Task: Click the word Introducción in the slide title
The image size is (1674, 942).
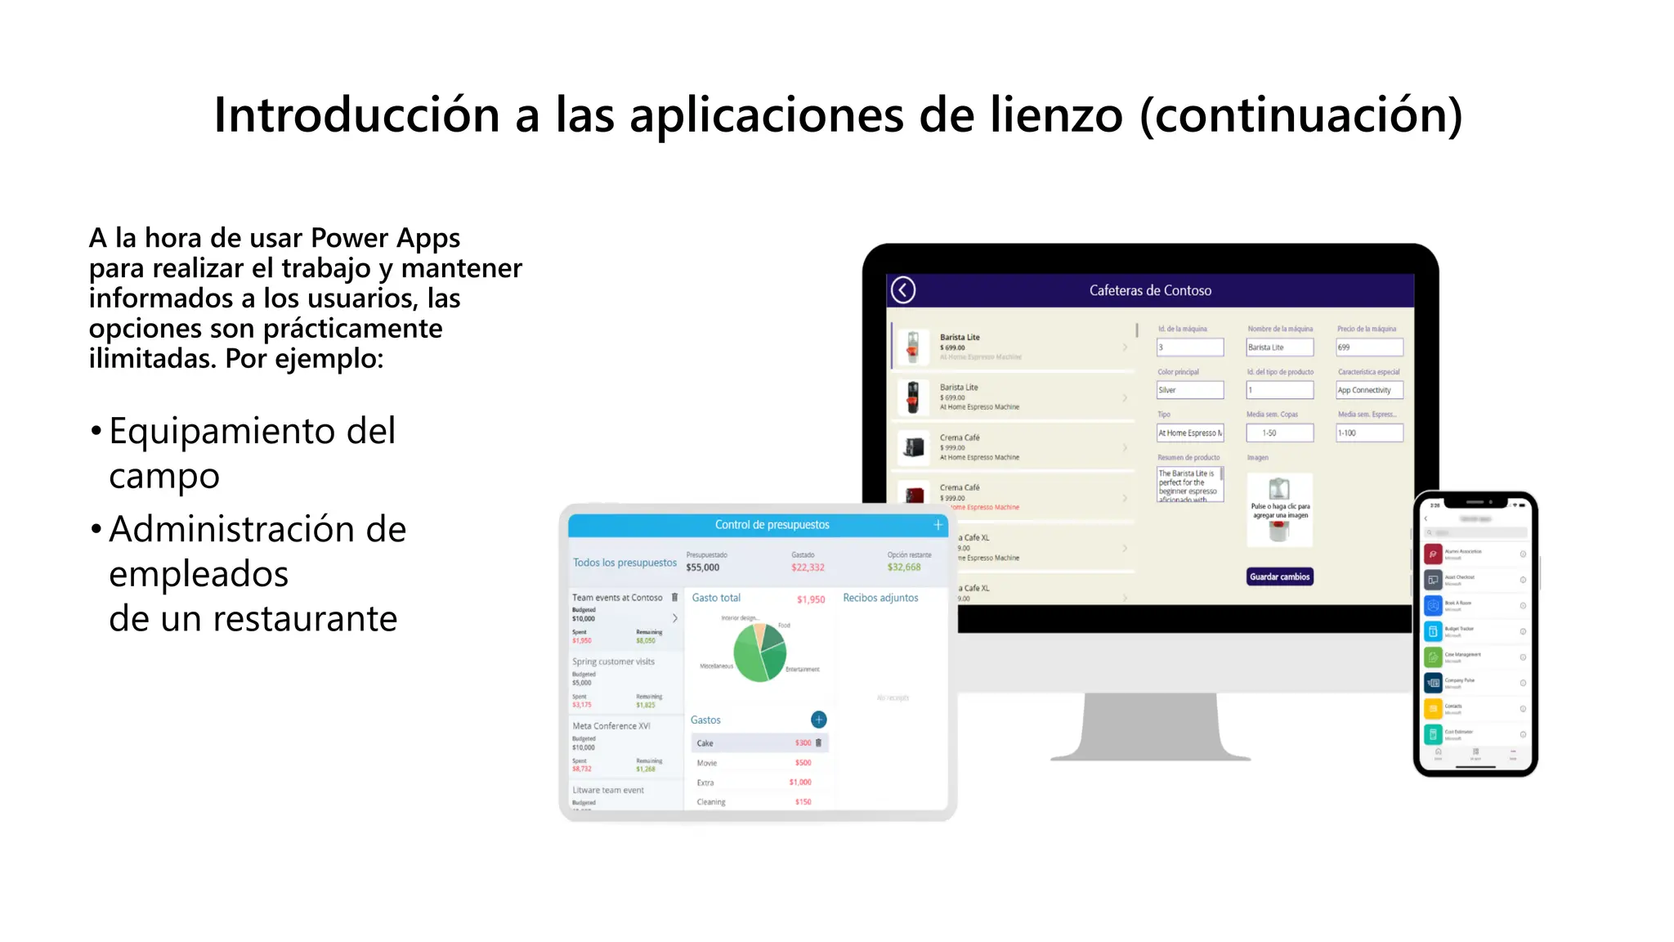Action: coord(356,114)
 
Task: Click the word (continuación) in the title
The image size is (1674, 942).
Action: coord(1300,114)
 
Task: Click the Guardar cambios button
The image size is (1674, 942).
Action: coord(1279,576)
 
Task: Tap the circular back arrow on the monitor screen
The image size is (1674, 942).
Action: coord(903,290)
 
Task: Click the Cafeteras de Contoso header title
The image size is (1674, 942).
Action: coord(1150,290)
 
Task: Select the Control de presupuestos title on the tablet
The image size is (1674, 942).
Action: coord(772,525)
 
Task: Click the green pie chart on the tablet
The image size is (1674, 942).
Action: coord(759,653)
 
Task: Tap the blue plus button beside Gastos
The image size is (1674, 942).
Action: coord(818,720)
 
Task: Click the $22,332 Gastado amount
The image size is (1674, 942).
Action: coord(808,567)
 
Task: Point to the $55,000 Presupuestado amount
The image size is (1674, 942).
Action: coord(703,567)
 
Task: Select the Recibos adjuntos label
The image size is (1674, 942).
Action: coord(880,598)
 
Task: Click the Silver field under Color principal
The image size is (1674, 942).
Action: coord(1190,390)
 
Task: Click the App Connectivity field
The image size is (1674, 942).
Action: coord(1369,390)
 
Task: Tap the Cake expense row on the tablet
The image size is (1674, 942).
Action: coord(759,743)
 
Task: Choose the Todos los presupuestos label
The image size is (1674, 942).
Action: coord(624,563)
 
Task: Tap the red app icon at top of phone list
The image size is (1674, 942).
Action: coord(1433,554)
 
